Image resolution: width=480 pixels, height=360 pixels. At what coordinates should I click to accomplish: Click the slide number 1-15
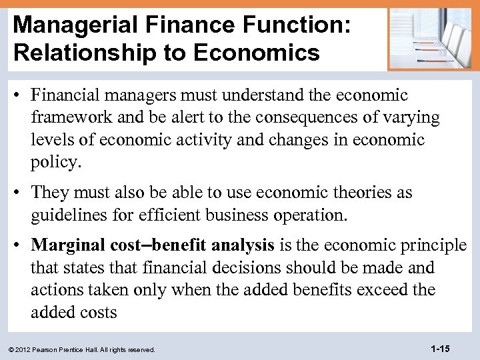(x=441, y=349)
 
